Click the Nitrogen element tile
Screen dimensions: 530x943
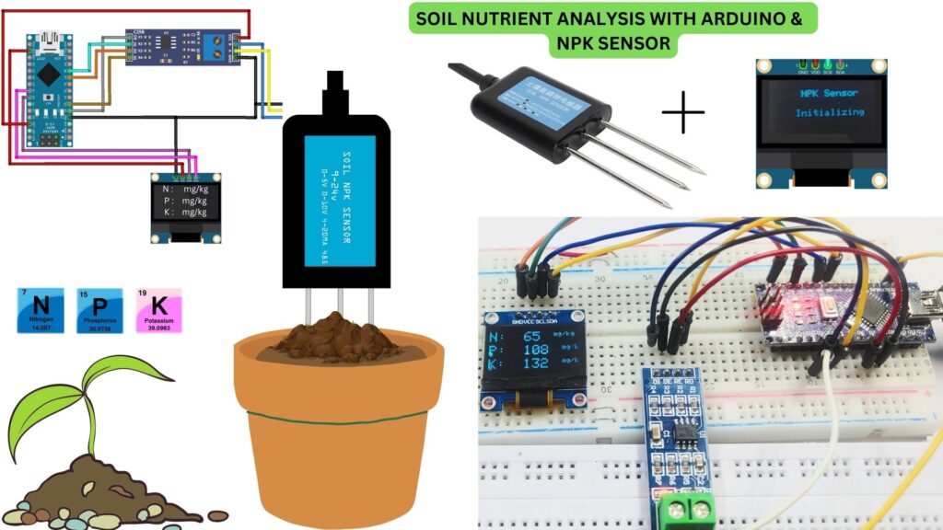point(41,309)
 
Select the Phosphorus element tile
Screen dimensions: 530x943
point(99,309)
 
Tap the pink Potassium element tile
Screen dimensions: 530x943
point(158,309)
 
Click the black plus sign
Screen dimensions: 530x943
point(683,112)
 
